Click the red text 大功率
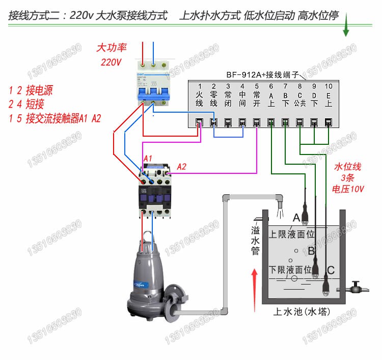click(112, 48)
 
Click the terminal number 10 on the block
click(329, 86)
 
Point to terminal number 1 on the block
click(200, 86)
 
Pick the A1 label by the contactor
click(148, 159)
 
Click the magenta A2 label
click(182, 167)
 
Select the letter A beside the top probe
click(296, 218)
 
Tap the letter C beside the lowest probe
click(331, 270)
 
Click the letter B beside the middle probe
click(311, 251)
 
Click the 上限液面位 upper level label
click(292, 235)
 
